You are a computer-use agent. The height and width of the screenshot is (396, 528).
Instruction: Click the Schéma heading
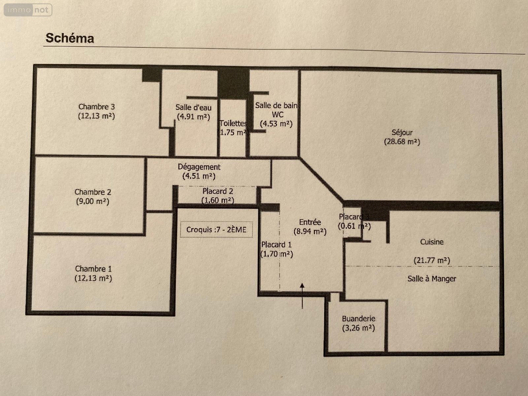tap(70, 38)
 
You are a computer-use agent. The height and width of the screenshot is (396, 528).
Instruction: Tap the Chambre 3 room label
tap(96, 107)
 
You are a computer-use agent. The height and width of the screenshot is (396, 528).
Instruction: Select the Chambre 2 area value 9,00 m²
tap(92, 201)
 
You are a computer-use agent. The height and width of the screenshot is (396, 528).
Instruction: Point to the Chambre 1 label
tap(93, 269)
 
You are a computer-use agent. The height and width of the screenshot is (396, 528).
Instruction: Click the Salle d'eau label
tap(193, 107)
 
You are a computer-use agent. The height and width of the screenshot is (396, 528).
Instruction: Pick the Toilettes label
tap(233, 123)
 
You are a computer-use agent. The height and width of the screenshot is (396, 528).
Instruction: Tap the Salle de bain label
tap(276, 106)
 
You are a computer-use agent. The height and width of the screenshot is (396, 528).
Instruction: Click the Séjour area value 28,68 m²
tap(402, 142)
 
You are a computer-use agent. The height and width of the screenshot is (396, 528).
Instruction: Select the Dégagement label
tap(199, 167)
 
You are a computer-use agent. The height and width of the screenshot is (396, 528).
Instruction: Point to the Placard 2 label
tap(218, 191)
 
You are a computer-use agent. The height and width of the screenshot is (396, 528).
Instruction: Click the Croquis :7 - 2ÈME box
tap(216, 230)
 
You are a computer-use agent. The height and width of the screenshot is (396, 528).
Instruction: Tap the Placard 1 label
tap(276, 245)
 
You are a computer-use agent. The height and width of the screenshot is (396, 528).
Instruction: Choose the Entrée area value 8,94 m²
tap(310, 231)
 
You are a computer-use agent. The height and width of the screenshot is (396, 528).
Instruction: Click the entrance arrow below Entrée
tap(302, 295)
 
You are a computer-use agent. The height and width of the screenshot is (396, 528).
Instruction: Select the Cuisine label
tap(432, 242)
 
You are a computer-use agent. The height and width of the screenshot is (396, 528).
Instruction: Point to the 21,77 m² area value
tap(432, 260)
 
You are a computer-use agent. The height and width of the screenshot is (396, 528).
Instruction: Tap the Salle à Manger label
tap(432, 279)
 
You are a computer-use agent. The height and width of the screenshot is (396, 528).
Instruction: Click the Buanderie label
tap(358, 319)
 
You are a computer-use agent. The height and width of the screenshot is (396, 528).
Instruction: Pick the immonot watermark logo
tap(28, 10)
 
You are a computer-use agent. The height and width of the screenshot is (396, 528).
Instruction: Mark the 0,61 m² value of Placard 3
tap(354, 226)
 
